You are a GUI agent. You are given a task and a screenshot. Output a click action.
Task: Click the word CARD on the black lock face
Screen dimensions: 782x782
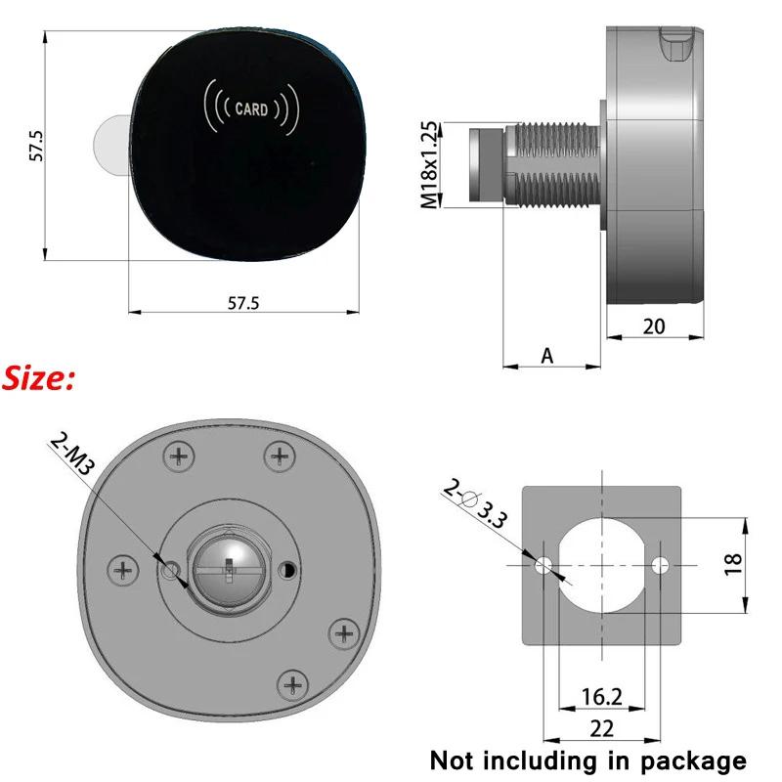coord(251,109)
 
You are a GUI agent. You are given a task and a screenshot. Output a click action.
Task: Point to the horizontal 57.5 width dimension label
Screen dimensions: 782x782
coord(242,303)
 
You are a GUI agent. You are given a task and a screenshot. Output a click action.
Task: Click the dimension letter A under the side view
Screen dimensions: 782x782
coord(547,357)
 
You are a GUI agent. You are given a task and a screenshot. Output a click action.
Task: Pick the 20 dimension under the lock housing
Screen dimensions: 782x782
coord(653,326)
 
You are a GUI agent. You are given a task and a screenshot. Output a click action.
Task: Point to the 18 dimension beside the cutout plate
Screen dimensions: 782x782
coord(734,563)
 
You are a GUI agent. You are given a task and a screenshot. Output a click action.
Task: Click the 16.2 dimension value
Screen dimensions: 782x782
coord(600,696)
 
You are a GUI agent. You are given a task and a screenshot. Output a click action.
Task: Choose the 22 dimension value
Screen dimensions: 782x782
coord(600,728)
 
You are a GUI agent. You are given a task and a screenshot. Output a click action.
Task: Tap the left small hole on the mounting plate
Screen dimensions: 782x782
coord(543,565)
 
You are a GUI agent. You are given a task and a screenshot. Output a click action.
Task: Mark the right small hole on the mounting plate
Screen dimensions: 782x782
coord(661,565)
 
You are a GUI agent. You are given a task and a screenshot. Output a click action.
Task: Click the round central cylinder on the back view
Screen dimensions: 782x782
coord(227,568)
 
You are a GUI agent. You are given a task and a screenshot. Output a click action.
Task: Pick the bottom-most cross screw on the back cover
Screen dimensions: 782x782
coord(290,681)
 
